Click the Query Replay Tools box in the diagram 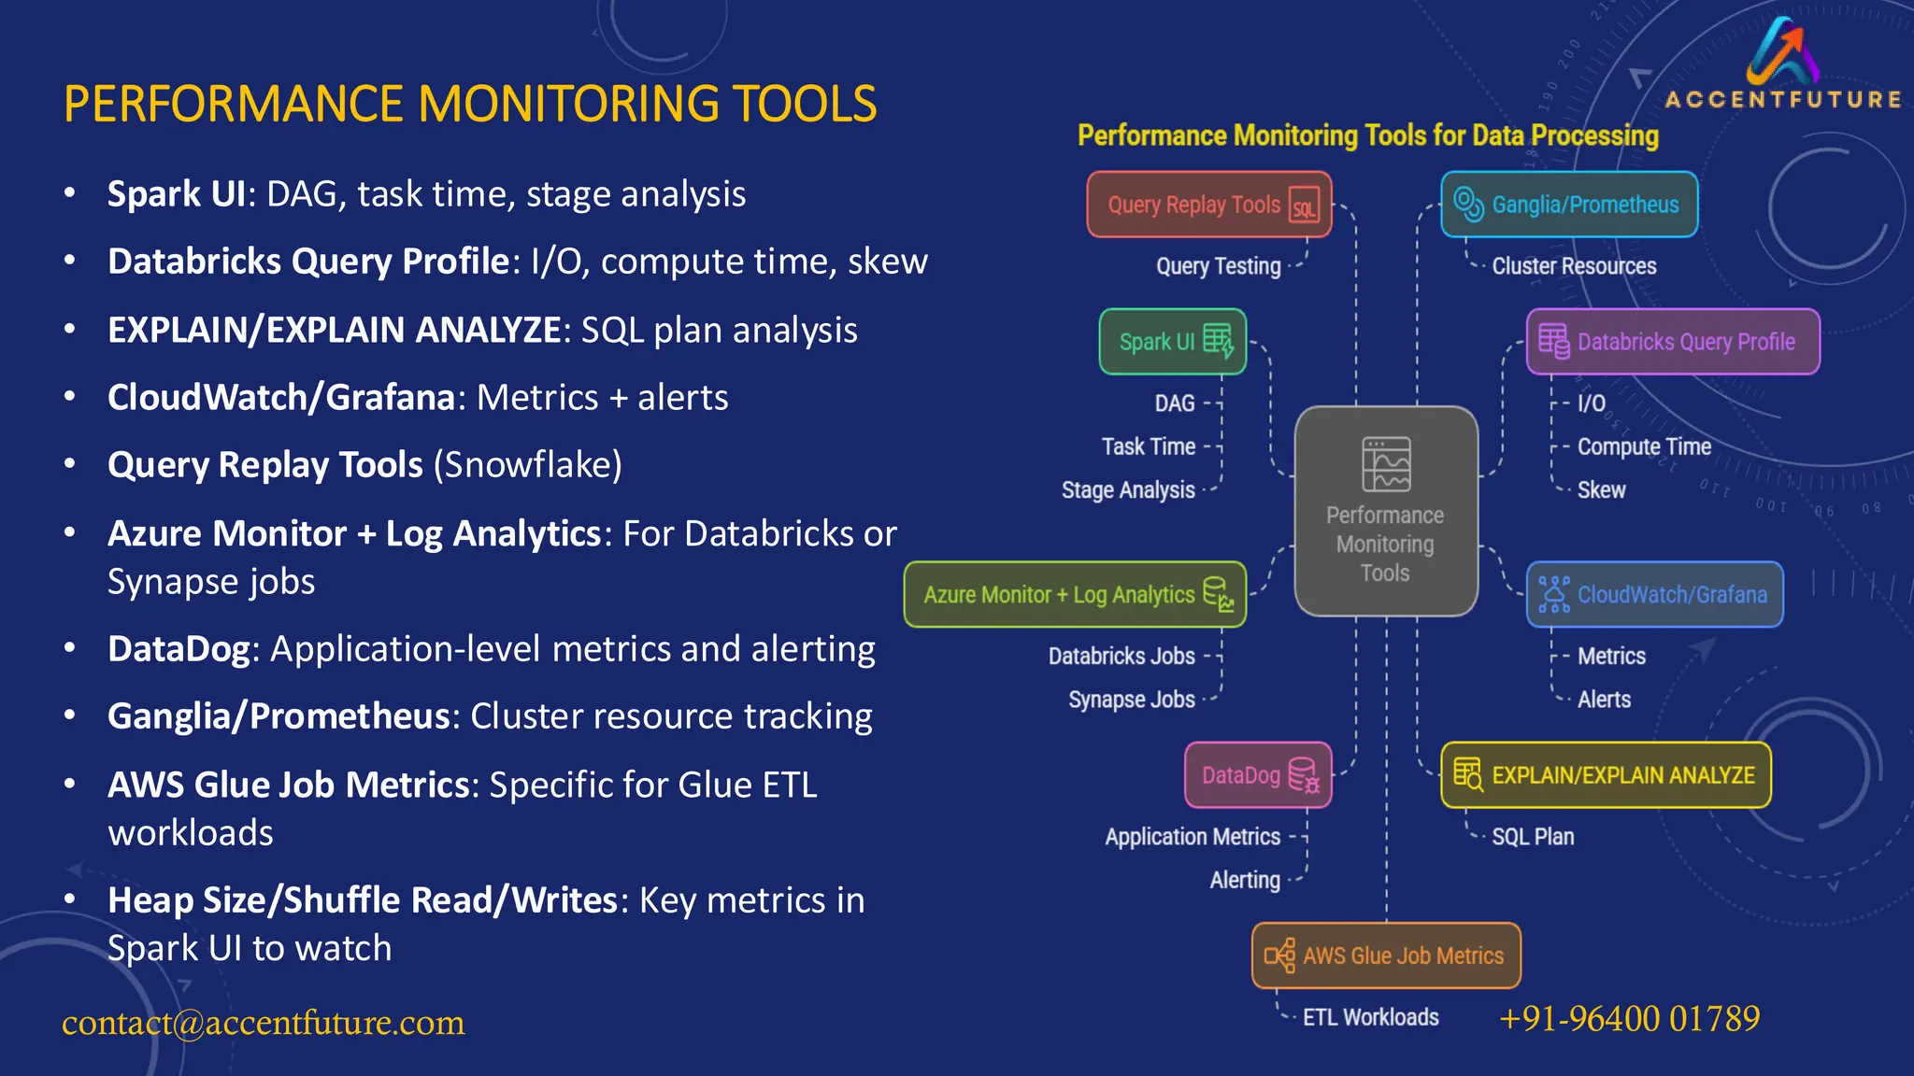(x=1208, y=205)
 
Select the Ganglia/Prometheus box (x=1569, y=205)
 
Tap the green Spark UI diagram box (x=1173, y=342)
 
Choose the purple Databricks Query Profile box (x=1673, y=342)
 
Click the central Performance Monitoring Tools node (x=1386, y=512)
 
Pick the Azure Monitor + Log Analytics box (x=1075, y=594)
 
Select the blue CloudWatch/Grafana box (x=1654, y=594)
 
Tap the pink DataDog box (x=1258, y=775)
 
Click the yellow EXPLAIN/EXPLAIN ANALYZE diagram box (x=1606, y=775)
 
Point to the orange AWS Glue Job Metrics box (x=1386, y=956)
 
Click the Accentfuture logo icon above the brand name (x=1782, y=51)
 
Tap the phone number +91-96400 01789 (x=1629, y=1018)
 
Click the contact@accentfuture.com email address (x=264, y=1023)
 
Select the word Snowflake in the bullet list (x=528, y=465)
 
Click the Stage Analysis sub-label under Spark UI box (x=1128, y=490)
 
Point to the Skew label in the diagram (x=1601, y=490)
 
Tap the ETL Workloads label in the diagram (x=1370, y=1017)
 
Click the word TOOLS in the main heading (x=804, y=105)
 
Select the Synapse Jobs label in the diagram (x=1131, y=700)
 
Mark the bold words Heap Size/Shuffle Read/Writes (x=362, y=900)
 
